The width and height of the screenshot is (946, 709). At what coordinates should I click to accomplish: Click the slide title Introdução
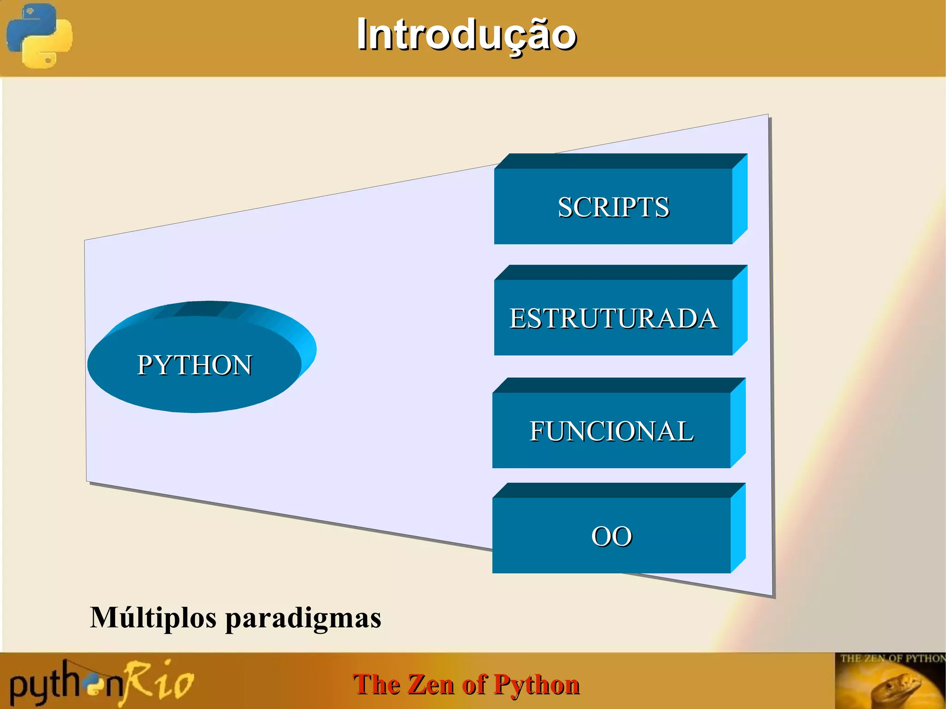pos(466,35)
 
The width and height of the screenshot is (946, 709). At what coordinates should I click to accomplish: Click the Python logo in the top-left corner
pos(39,36)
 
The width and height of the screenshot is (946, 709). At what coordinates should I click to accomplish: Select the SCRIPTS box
pos(613,206)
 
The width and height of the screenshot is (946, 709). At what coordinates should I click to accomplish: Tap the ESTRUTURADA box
pos(613,318)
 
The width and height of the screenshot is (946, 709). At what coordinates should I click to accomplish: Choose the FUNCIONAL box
pos(611,430)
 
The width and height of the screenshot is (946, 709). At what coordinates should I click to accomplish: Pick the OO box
pos(611,536)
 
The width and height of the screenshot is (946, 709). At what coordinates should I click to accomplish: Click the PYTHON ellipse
pos(194,365)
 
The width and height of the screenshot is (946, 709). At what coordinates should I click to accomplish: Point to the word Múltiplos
pos(153,618)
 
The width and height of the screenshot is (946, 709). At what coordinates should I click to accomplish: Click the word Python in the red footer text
pos(536,684)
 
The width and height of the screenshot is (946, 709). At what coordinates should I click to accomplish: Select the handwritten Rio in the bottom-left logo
pos(159,681)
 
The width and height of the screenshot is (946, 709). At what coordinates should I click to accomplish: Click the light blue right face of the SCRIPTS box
pos(740,199)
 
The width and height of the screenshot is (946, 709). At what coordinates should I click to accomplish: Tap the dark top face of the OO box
pos(619,491)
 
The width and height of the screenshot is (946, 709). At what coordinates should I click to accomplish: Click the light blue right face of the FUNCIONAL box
pos(738,423)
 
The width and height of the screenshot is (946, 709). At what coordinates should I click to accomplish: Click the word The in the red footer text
pos(377,684)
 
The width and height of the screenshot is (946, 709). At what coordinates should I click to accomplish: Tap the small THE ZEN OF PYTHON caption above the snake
pos(891,658)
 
